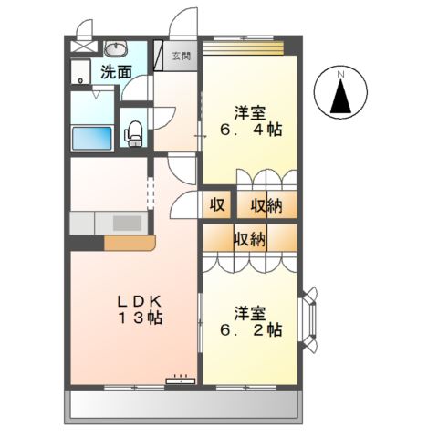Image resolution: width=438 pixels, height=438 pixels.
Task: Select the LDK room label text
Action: [136, 301]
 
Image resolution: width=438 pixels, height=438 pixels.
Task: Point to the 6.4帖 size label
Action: [251, 130]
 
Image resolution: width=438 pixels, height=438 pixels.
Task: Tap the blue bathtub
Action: [91, 137]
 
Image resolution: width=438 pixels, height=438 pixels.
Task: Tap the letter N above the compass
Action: [340, 73]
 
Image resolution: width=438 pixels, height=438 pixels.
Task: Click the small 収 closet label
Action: [219, 205]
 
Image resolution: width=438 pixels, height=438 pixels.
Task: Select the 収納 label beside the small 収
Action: [266, 205]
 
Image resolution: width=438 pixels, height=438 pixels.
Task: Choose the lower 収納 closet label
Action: [249, 240]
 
